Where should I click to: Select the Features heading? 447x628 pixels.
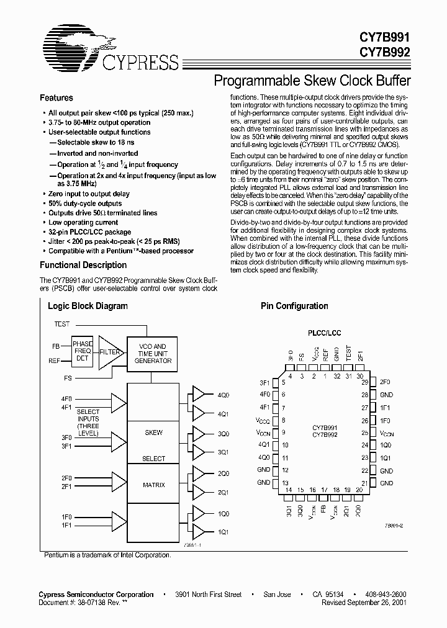click(56, 98)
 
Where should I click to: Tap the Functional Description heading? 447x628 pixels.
click(83, 265)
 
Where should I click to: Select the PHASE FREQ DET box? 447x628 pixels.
click(83, 351)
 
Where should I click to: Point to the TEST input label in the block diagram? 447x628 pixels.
click(62, 324)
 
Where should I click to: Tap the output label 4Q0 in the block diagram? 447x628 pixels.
click(223, 395)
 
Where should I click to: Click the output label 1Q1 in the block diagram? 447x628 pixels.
click(223, 532)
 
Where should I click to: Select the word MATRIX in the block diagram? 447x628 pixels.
click(153, 485)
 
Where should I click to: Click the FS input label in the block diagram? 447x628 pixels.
click(67, 377)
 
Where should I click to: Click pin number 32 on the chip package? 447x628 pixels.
click(336, 376)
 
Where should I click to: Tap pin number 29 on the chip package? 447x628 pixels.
click(365, 382)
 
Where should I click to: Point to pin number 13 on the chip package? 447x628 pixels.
click(285, 483)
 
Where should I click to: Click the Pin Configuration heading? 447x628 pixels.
click(294, 306)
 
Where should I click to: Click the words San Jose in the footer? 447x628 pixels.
click(277, 594)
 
